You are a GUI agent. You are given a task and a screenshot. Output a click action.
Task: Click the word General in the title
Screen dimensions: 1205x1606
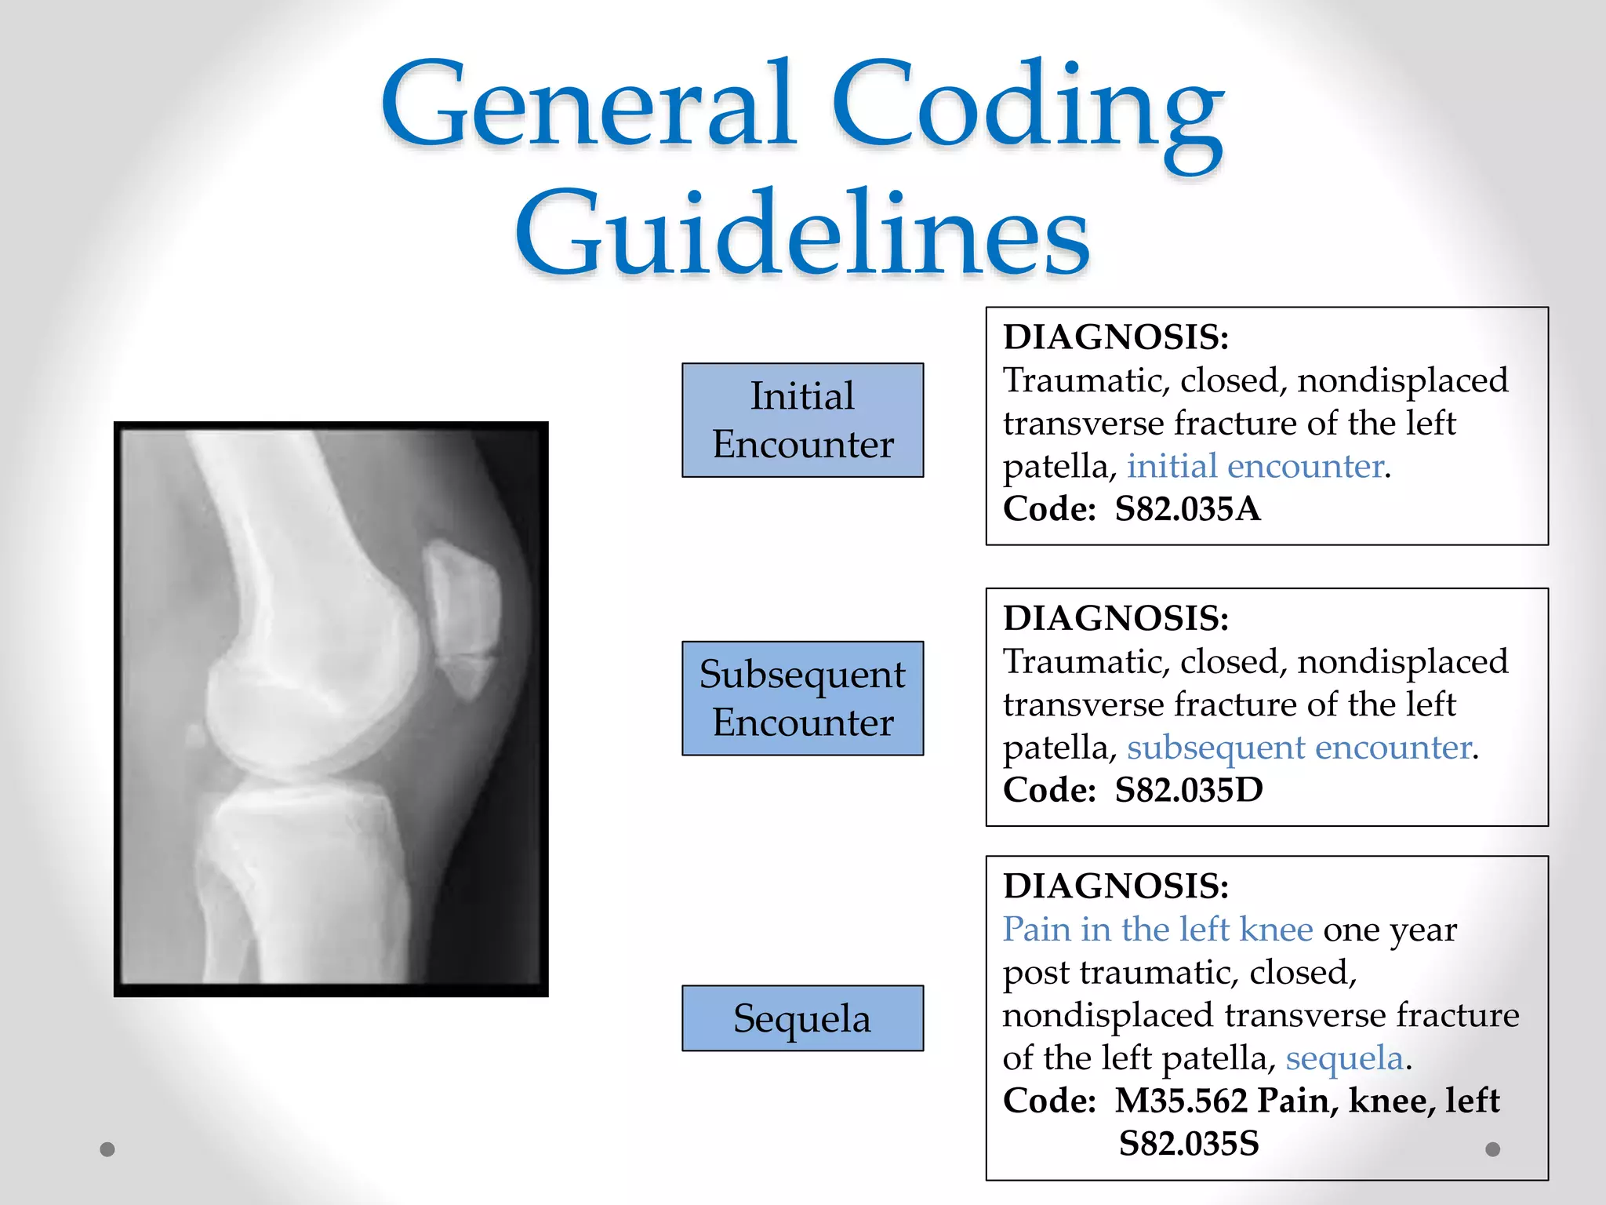coord(588,106)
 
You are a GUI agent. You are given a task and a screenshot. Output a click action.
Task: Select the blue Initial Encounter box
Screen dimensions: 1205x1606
coord(802,420)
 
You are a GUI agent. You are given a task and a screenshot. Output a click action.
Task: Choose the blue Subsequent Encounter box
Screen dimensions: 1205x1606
coord(802,698)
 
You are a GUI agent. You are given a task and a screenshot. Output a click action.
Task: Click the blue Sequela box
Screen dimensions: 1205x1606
coord(802,1018)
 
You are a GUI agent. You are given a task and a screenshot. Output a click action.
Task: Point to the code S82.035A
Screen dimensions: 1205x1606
coord(1187,509)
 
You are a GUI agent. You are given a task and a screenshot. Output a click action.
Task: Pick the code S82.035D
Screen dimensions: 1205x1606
coord(1189,790)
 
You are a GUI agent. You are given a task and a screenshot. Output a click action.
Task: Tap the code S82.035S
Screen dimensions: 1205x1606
coord(1188,1144)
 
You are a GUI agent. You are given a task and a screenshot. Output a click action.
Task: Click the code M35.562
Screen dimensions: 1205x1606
coord(1181,1101)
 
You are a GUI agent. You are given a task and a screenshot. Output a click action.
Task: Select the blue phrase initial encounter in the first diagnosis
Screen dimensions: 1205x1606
coord(1255,466)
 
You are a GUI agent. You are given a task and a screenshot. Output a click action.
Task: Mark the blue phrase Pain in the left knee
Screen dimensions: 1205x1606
coord(1157,930)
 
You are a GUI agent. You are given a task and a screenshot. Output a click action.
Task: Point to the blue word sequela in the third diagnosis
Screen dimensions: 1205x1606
coord(1344,1058)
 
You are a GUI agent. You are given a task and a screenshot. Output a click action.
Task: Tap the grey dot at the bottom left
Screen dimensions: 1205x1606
coord(107,1149)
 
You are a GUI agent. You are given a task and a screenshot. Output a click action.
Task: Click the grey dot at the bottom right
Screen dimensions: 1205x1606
coord(1493,1149)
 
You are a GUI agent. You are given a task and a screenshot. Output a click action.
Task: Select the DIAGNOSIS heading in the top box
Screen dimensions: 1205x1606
coord(1116,337)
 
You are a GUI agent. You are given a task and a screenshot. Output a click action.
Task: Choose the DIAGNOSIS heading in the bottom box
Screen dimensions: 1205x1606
coord(1116,886)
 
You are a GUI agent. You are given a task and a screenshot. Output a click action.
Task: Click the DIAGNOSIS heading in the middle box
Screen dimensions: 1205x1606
coord(1116,618)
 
